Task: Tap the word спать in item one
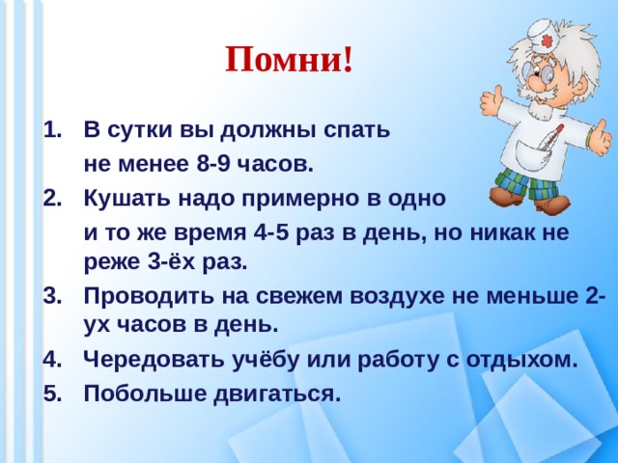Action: click(x=355, y=129)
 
